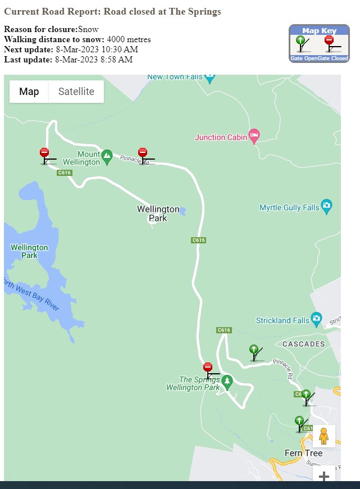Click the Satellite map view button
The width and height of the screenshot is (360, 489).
[76, 92]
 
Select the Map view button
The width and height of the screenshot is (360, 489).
[29, 92]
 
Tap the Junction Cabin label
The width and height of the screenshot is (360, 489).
[221, 137]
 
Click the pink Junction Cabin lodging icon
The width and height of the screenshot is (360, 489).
[254, 134]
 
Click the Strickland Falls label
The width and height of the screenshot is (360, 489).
[282, 320]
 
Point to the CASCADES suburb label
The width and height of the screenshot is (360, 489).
[303, 343]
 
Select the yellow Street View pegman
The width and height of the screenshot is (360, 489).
[323, 436]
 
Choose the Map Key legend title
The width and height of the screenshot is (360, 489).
[318, 30]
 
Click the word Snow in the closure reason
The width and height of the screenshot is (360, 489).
[88, 29]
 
